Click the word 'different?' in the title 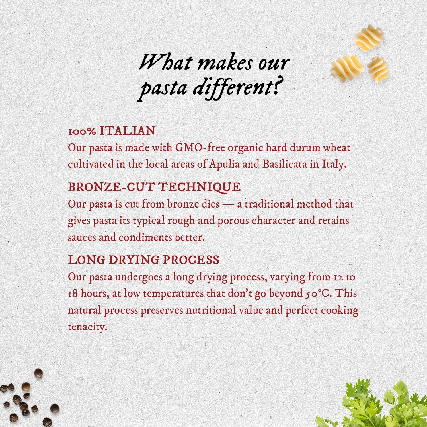click(x=239, y=87)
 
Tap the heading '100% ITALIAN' click(x=112, y=131)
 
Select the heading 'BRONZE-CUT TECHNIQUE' click(x=154, y=187)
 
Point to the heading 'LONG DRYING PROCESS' click(x=144, y=260)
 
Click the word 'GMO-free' click(x=200, y=148)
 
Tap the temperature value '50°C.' click(x=319, y=293)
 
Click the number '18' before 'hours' click(x=73, y=293)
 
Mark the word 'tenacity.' click(x=88, y=327)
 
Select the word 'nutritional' click(x=211, y=310)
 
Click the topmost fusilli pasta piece click(x=369, y=38)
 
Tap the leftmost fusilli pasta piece click(x=346, y=68)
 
